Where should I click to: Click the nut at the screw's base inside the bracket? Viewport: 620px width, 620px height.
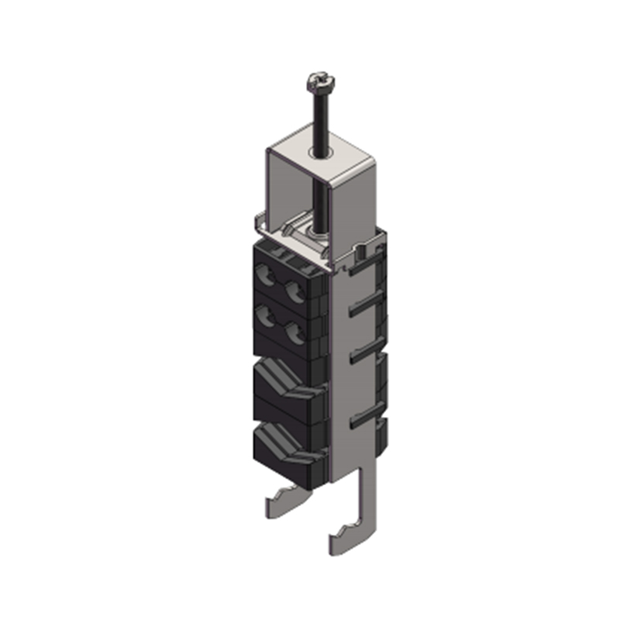(x=313, y=229)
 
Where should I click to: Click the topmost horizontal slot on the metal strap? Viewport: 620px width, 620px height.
(x=363, y=271)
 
